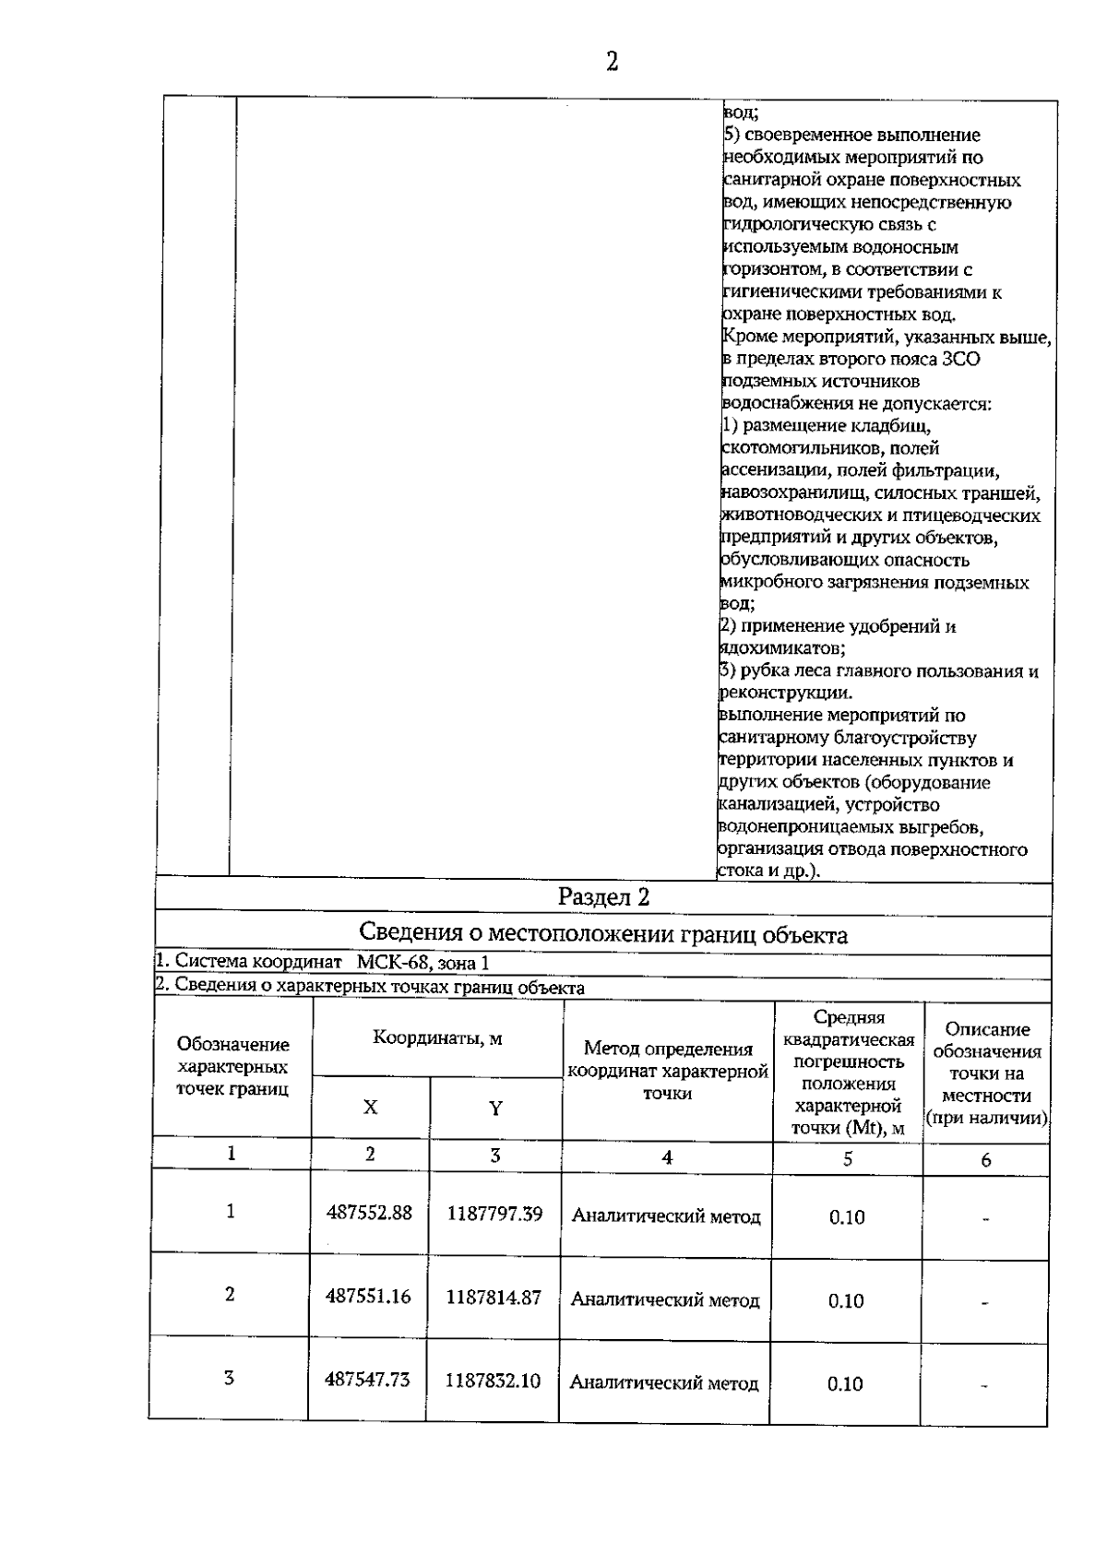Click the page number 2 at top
612,62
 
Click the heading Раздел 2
604,897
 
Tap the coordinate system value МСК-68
393,962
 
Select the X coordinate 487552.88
369,1213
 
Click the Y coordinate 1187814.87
494,1297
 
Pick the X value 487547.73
367,1380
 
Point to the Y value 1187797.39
494,1214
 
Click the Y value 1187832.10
493,1381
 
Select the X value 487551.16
368,1296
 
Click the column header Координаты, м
437,1037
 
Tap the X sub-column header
370,1108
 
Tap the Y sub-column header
495,1108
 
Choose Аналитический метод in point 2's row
665,1300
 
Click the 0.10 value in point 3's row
845,1384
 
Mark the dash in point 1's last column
986,1219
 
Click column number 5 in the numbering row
848,1159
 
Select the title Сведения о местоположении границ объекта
603,934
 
